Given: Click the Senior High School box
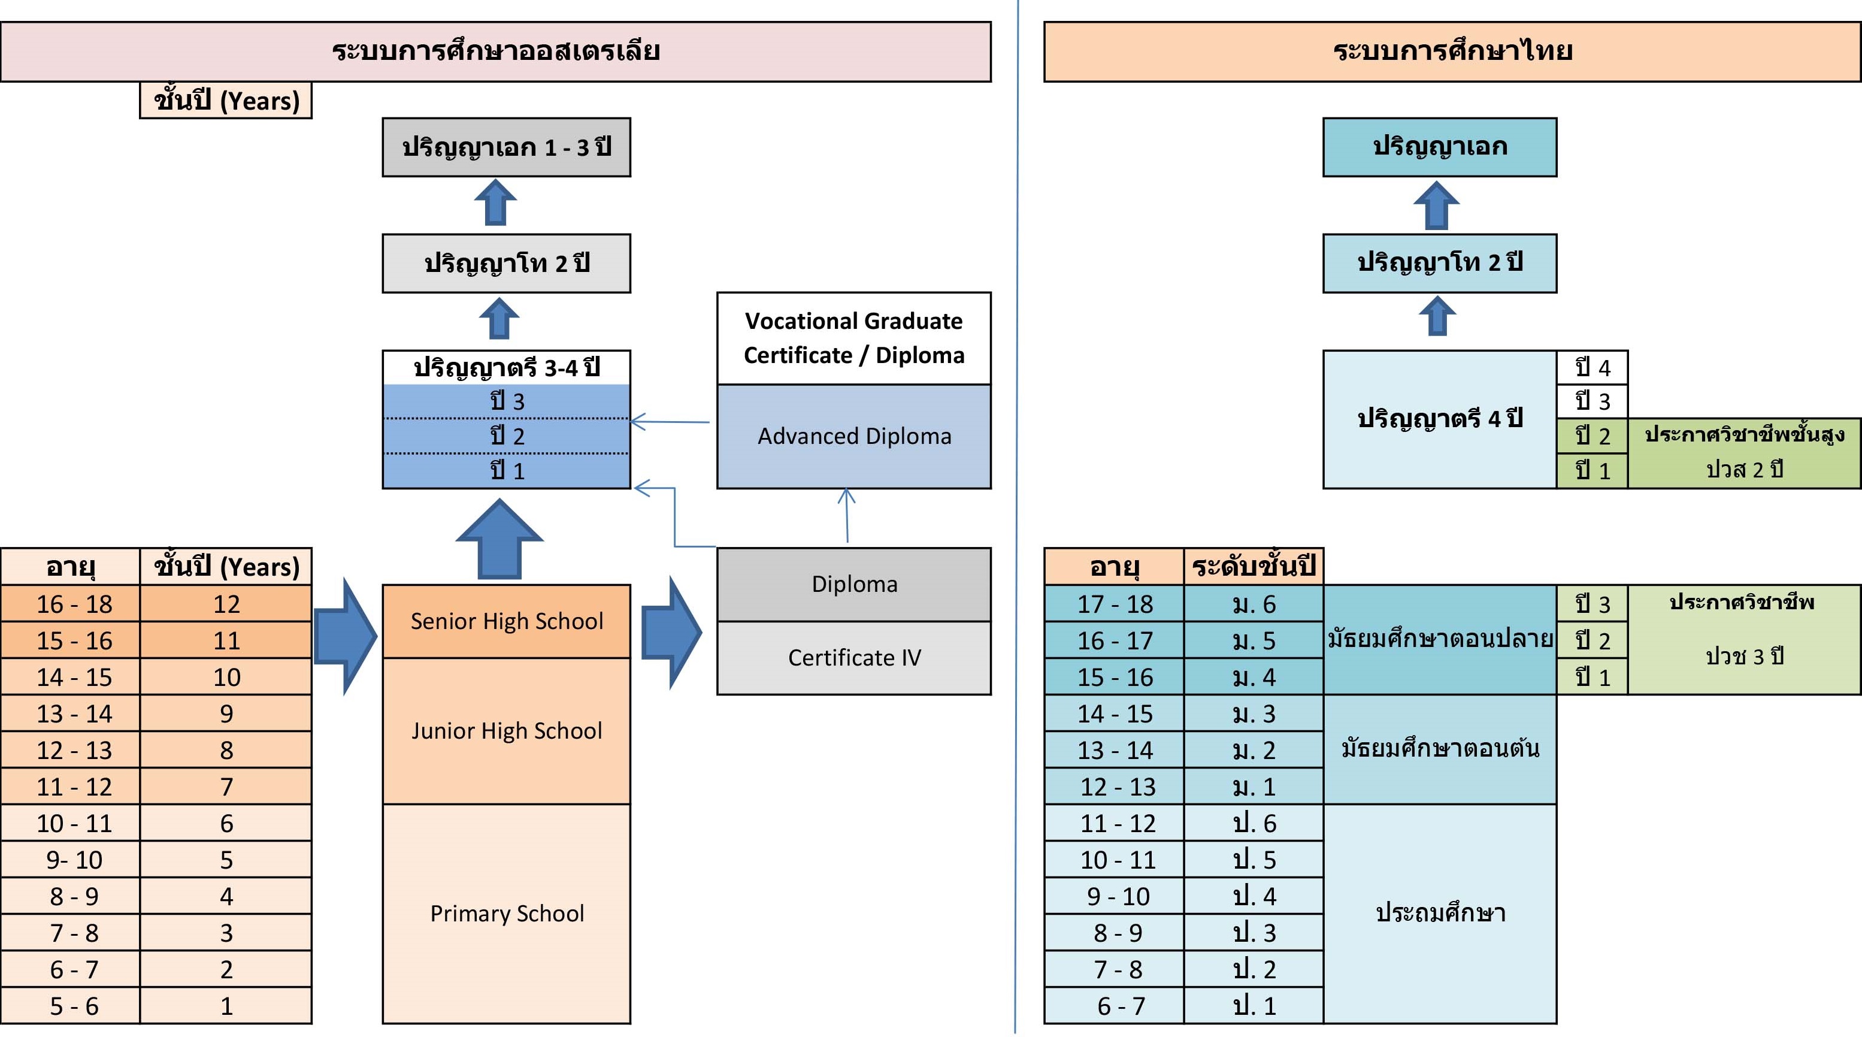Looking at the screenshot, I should click(506, 621).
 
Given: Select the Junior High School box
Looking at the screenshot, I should click(506, 730).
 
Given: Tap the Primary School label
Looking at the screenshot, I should click(507, 914).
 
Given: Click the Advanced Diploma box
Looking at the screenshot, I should click(853, 436).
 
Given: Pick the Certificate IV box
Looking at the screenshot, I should click(853, 657).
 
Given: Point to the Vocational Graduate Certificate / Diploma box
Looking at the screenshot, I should click(853, 338).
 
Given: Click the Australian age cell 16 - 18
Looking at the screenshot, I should click(74, 604).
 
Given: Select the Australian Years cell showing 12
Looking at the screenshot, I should click(226, 604).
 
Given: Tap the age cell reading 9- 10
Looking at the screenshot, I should click(74, 860).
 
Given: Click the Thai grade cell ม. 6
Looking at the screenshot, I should click(1254, 604).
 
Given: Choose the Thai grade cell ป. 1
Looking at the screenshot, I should click(1254, 1005).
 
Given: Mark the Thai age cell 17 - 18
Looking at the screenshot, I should click(1115, 604).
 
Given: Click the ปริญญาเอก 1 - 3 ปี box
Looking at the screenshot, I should click(506, 147).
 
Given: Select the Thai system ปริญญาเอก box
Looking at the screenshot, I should click(1439, 147).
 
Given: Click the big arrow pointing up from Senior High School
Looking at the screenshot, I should click(499, 540).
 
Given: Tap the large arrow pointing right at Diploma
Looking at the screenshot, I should click(671, 633).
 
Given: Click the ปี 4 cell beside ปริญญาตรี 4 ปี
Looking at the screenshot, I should click(1592, 367).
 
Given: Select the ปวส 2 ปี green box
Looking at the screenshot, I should click(1744, 453).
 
